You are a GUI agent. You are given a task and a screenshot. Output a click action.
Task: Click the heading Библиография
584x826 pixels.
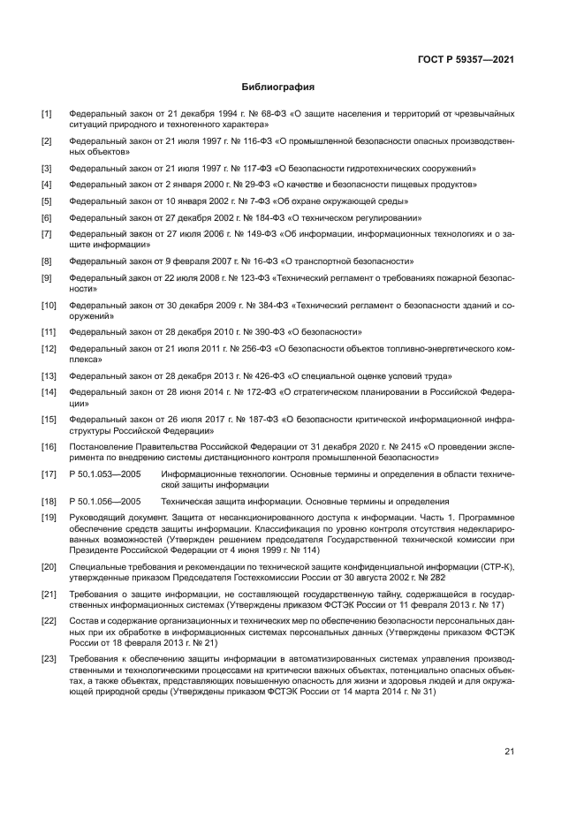[278, 87]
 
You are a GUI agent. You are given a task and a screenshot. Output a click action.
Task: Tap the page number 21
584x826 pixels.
[510, 752]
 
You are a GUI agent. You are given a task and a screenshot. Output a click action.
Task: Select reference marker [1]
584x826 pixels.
[47, 114]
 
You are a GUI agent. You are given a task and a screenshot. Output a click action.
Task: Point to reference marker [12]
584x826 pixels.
[49, 349]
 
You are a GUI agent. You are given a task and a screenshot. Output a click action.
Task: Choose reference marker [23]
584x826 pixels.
[49, 660]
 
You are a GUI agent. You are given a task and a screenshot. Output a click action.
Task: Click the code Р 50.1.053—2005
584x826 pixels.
[106, 475]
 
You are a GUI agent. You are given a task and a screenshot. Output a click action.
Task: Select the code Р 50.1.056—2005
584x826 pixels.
[106, 501]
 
